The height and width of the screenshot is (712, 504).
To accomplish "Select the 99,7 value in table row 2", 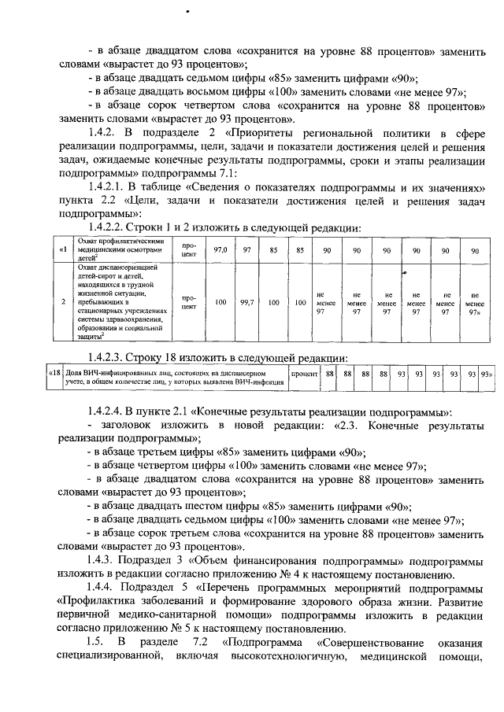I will tap(247, 302).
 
